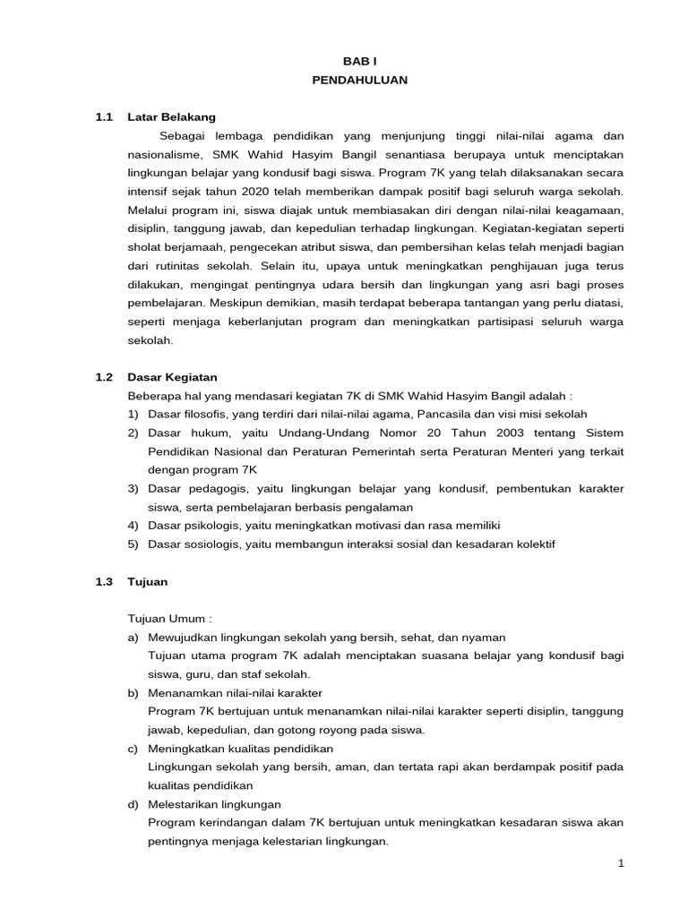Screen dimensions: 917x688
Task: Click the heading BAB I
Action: coord(359,61)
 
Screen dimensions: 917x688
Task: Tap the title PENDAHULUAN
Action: coord(359,80)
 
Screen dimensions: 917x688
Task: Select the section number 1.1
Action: coord(104,117)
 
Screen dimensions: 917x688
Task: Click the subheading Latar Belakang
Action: coord(171,117)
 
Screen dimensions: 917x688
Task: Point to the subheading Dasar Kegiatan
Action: coord(173,377)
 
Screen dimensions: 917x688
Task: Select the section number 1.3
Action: coord(104,581)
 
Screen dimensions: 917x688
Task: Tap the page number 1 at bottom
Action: coord(619,863)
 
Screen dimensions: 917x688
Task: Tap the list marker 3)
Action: coord(133,488)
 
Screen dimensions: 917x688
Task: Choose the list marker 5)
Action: coord(133,544)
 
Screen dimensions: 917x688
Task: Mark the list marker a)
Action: coord(133,637)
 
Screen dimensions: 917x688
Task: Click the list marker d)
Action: coord(133,804)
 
